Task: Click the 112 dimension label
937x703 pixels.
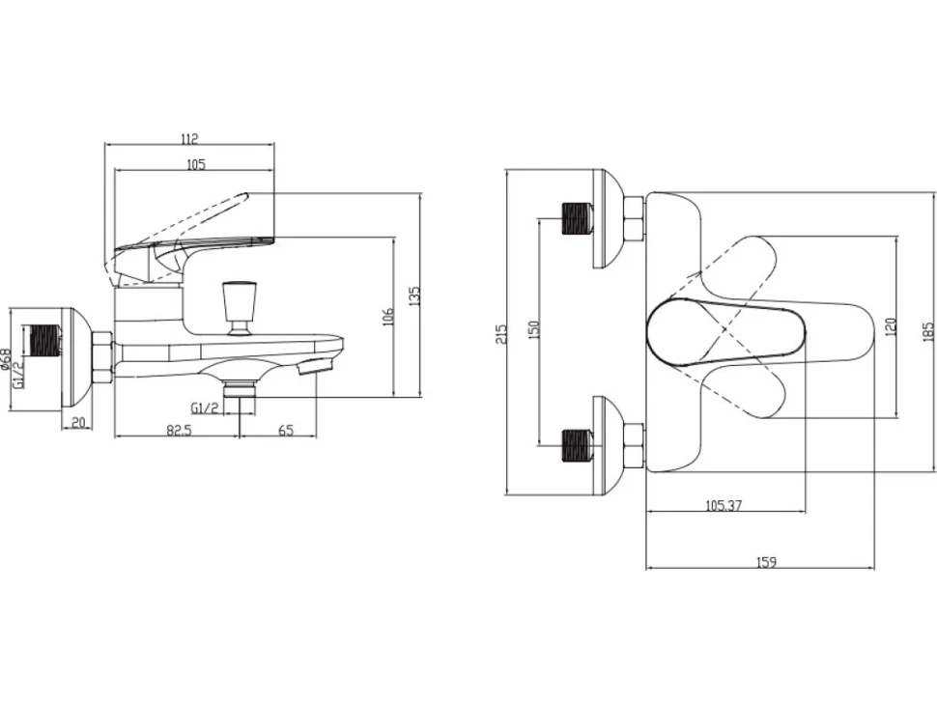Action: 188,139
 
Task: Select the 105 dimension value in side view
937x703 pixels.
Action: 195,164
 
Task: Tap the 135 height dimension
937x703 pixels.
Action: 415,295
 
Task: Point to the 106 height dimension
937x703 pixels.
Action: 388,316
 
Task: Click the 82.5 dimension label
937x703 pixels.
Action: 179,430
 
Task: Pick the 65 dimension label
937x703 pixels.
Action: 286,430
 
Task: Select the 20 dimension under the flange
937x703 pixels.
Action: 78,423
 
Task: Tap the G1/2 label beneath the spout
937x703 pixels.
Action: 206,408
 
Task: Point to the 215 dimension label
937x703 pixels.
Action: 500,333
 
